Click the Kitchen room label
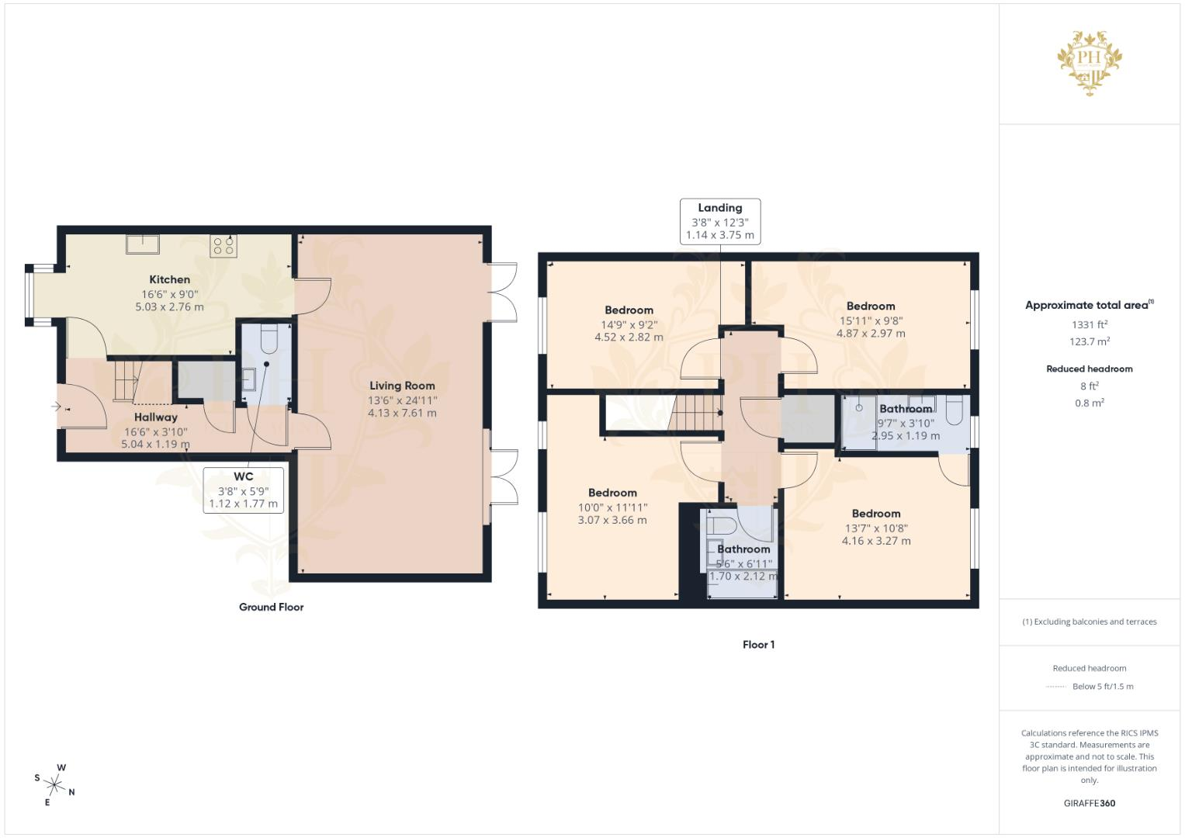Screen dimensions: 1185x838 coord(169,279)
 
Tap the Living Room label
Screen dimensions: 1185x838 coord(402,386)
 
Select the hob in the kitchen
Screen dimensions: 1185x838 coord(223,246)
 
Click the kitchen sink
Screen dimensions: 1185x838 coord(143,244)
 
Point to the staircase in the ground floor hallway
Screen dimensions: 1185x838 coord(126,380)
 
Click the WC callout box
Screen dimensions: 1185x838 coord(244,490)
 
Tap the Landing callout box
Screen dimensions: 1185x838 coord(720,222)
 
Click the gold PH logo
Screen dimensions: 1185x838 coord(1090,63)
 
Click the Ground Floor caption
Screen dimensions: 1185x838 coord(272,607)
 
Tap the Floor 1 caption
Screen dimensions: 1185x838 coord(759,644)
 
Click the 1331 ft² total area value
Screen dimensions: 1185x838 coord(1090,324)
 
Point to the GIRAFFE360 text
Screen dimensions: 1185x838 coord(1090,803)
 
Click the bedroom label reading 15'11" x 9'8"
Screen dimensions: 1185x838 coord(871,320)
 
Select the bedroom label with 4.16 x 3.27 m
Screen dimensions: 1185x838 coord(876,541)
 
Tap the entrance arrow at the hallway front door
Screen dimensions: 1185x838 coord(56,407)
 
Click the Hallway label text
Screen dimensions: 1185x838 coord(155,417)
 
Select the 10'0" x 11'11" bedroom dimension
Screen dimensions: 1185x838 coord(612,507)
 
